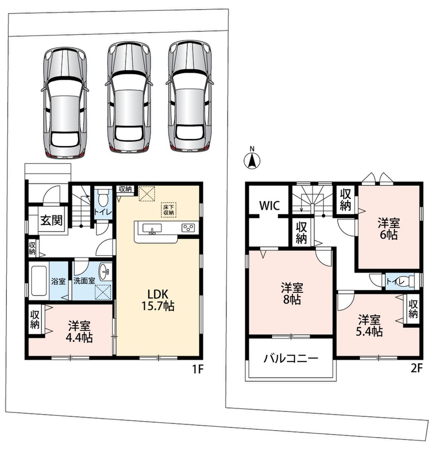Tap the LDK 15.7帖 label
[158, 300]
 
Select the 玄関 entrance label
[51, 220]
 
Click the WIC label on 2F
[270, 206]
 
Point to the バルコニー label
[291, 358]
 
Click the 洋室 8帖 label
[292, 294]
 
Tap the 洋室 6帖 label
[389, 229]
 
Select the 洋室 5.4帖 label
[370, 326]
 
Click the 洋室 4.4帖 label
[79, 331]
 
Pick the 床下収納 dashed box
[168, 210]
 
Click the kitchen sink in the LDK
[151, 228]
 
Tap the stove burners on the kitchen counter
[188, 228]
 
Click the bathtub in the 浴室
[39, 280]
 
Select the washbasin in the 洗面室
[105, 271]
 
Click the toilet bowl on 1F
[103, 198]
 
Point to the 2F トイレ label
[395, 282]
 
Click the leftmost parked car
[64, 103]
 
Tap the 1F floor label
[197, 369]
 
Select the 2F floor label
[416, 368]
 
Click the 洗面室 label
[84, 281]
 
